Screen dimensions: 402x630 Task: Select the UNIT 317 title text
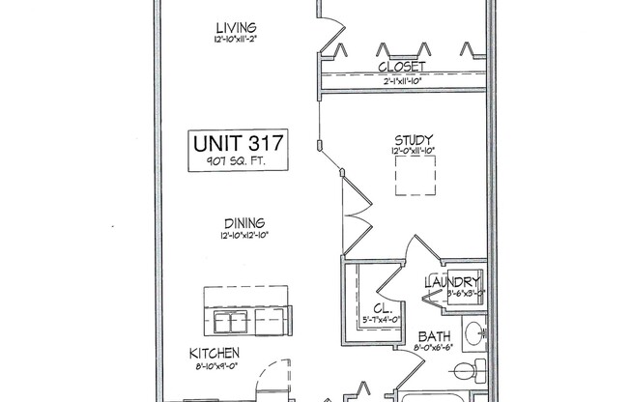coord(238,144)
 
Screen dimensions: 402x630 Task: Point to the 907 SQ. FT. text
coord(238,161)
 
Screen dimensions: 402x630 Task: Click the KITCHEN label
coord(215,354)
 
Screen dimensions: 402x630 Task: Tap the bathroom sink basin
coord(474,335)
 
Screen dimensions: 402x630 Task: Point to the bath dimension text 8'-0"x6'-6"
coord(429,348)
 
